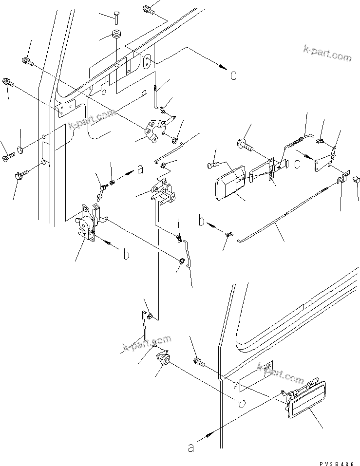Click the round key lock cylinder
pos(163,361)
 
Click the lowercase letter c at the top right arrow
pos(233,75)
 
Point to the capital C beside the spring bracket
pos(297,166)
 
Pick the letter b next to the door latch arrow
pos(126,255)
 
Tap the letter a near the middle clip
pos(141,169)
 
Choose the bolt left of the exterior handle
pos(198,362)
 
